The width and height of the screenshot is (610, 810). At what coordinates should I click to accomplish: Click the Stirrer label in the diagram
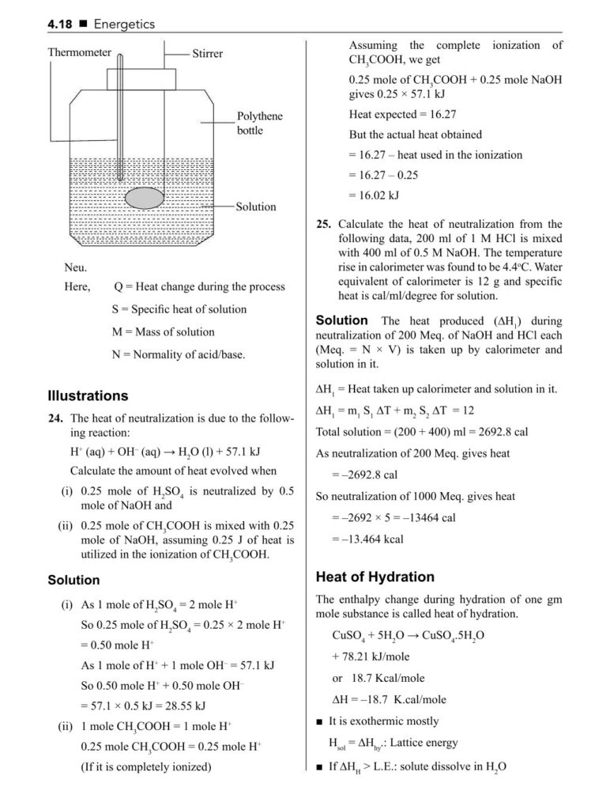[x=207, y=54]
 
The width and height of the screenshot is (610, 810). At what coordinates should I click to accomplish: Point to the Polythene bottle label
[x=259, y=123]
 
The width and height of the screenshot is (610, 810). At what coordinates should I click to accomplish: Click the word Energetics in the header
[x=124, y=25]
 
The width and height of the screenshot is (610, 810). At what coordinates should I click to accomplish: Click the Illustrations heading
[x=88, y=396]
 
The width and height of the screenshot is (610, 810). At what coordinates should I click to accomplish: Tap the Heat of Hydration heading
[x=375, y=577]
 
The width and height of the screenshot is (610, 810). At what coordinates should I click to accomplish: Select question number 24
[x=55, y=418]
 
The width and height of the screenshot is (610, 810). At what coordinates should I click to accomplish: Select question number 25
[x=322, y=224]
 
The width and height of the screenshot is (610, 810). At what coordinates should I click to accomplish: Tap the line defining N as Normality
[x=178, y=354]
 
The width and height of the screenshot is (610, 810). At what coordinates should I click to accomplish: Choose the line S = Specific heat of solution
[x=179, y=309]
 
